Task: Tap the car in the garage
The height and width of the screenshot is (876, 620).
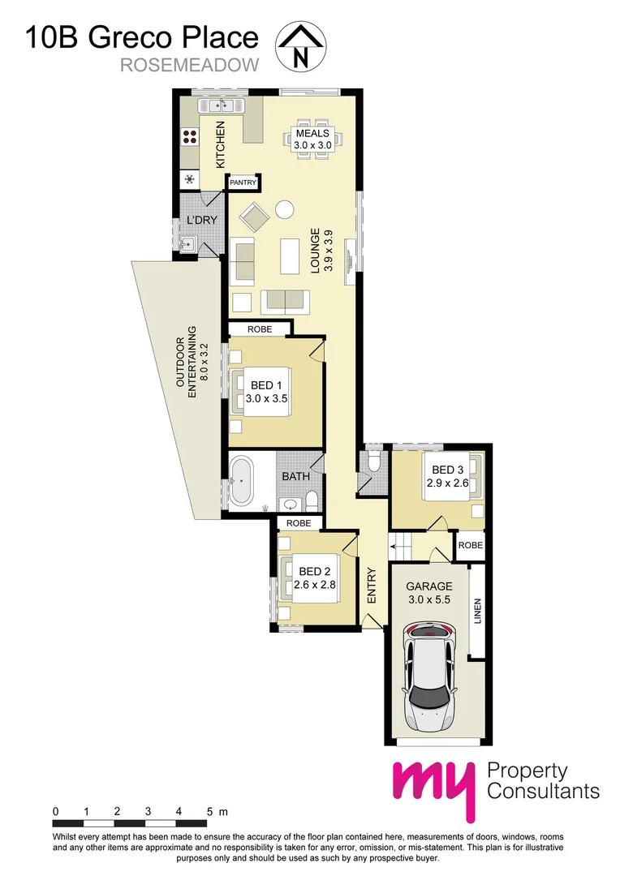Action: tap(430, 676)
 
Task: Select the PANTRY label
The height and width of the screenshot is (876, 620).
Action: tap(243, 183)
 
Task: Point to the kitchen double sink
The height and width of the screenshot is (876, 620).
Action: tap(219, 105)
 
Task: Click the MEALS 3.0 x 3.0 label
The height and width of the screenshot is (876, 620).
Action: tap(312, 138)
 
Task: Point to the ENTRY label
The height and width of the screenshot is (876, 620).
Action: tap(372, 584)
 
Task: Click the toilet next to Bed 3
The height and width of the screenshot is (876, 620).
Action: tap(373, 462)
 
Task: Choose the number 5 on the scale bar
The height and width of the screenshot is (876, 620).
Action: tap(209, 811)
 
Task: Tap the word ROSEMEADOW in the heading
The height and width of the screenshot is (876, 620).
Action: tap(189, 66)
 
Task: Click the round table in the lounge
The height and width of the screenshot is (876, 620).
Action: tap(285, 210)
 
